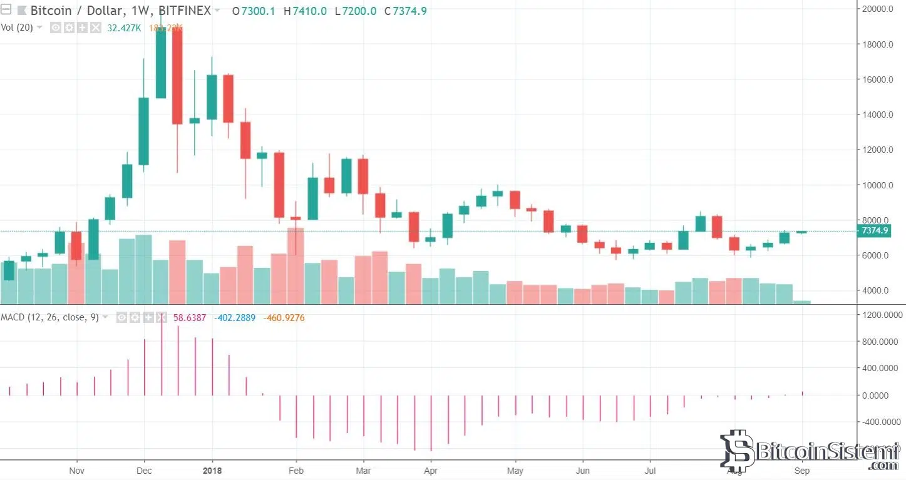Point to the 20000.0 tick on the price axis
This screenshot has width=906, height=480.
pos(876,9)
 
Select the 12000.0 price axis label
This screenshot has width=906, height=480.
pos(876,150)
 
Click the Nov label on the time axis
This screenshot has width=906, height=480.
pos(76,470)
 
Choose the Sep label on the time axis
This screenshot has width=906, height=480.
pos(802,470)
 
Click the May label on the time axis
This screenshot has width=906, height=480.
pos(515,470)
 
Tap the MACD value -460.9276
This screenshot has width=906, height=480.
pos(284,317)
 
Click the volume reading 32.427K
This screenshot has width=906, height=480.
pos(125,28)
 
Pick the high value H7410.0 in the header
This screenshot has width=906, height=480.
pos(305,11)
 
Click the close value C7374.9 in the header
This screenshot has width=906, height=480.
pos(405,11)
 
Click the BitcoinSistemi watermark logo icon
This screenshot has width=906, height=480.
pos(736,450)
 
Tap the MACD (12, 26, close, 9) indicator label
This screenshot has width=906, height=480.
pos(49,317)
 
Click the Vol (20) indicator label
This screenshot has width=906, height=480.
pos(16,28)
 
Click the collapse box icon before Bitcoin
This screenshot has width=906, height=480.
pos(6,10)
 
